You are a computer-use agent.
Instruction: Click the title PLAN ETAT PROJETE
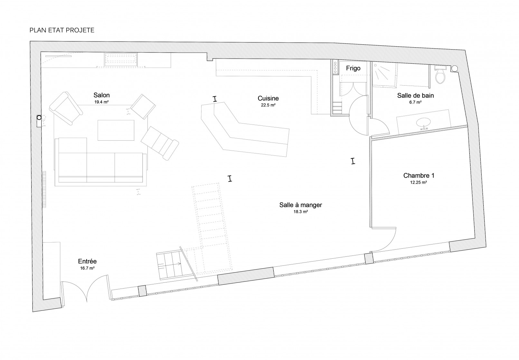coord(61,30)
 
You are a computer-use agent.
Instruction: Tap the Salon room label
coord(101,95)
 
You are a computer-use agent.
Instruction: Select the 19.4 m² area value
coord(101,102)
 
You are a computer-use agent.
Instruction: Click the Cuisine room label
coord(268,98)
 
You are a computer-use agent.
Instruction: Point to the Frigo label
coord(353,68)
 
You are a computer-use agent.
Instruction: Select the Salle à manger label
coord(301,205)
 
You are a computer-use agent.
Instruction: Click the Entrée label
coord(87,262)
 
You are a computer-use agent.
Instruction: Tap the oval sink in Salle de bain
coord(423,123)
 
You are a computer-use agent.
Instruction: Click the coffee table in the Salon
coord(116,130)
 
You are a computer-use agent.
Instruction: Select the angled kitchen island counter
coord(245,130)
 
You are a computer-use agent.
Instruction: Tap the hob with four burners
coord(335,68)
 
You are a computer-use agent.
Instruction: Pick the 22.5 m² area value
coord(268,105)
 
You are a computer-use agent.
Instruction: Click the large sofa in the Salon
coord(101,162)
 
